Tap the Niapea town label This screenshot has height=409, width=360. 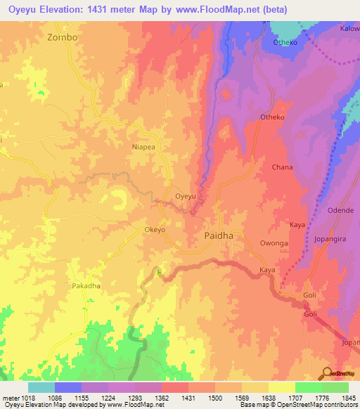click(145, 147)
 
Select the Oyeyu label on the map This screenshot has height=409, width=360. click(185, 197)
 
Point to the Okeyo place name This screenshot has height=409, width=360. click(155, 230)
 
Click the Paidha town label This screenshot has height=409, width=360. click(219, 237)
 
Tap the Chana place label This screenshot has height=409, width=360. click(282, 167)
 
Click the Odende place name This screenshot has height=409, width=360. click(340, 211)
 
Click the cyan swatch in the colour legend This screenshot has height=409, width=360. click(41, 387)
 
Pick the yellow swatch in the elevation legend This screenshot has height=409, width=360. click(281, 387)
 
